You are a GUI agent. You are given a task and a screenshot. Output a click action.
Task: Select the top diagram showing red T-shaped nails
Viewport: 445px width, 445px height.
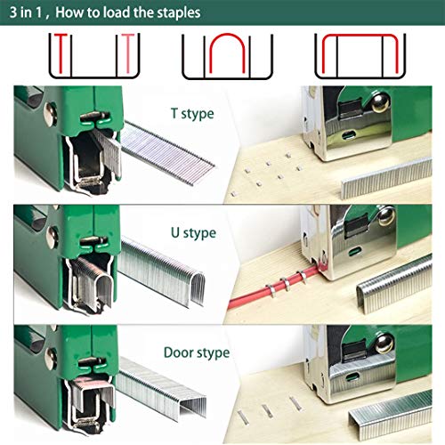(x=93, y=55)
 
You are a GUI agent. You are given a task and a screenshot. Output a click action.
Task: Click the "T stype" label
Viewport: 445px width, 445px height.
(x=192, y=114)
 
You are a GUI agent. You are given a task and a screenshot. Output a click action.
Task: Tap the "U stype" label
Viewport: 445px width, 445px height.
(x=192, y=233)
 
